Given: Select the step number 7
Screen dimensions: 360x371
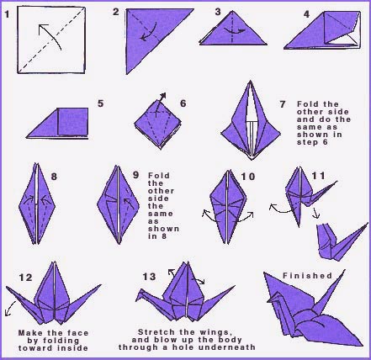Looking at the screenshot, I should pyautogui.click(x=283, y=103).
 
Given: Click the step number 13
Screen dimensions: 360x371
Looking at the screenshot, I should pyautogui.click(x=150, y=278).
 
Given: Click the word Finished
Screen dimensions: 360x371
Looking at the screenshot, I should pyautogui.click(x=305, y=276).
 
